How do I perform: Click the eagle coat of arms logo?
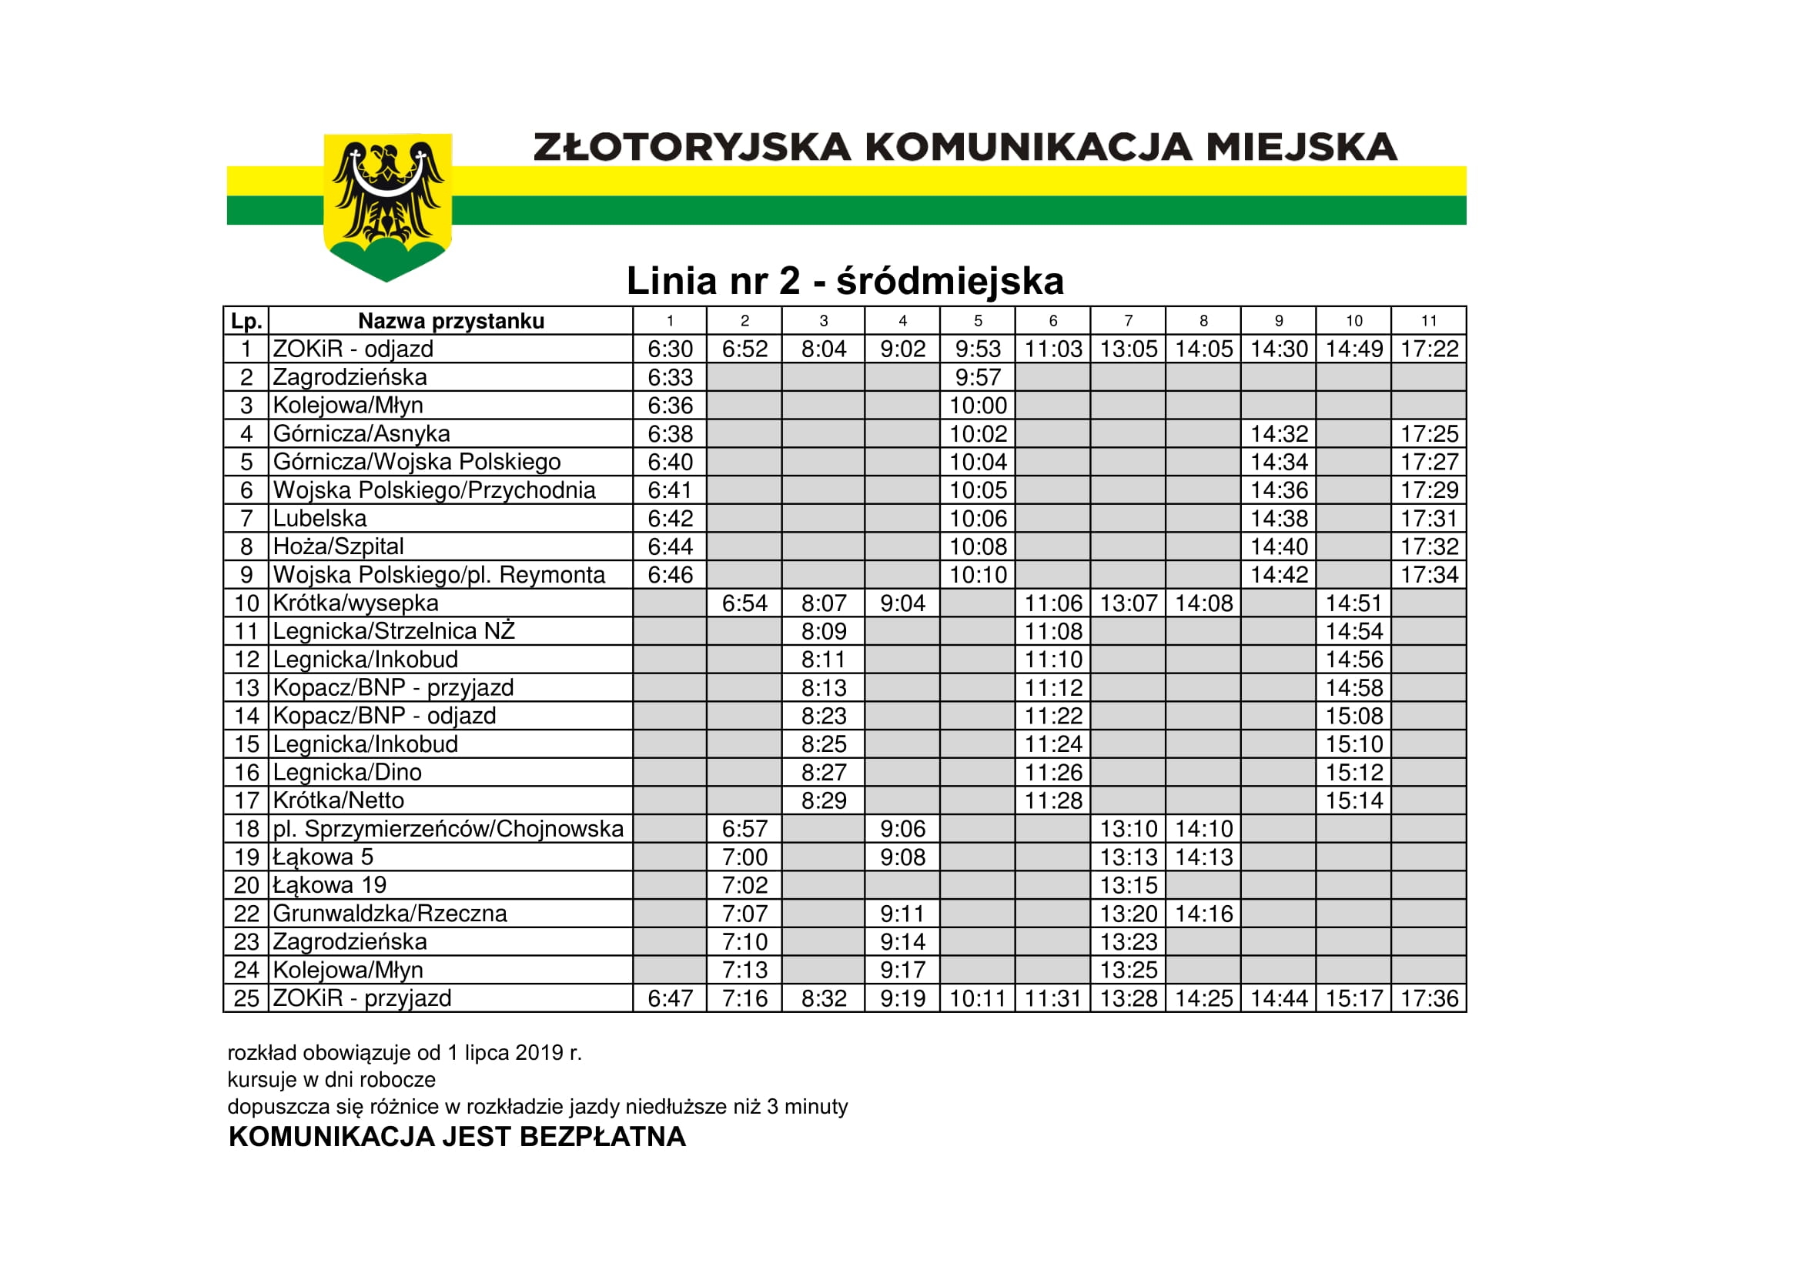[x=387, y=205]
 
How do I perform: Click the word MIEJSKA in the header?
[x=1300, y=147]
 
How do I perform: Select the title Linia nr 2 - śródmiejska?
[x=845, y=281]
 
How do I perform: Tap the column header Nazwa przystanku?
[x=451, y=321]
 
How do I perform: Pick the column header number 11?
[x=1428, y=321]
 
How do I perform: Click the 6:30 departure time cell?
[x=670, y=349]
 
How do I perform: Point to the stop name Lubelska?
[x=320, y=518]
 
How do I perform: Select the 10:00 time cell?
[x=978, y=406]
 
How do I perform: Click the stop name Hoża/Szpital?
[x=338, y=546]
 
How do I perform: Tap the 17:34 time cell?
[x=1428, y=575]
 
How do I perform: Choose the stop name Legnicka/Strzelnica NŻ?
[x=393, y=631]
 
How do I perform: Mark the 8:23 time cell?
[x=823, y=716]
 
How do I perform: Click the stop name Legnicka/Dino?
[x=347, y=772]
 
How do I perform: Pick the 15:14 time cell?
[x=1354, y=800]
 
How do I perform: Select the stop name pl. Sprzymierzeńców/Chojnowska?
[x=447, y=829]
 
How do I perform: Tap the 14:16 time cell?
[x=1203, y=914]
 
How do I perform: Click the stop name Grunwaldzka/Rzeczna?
[x=390, y=914]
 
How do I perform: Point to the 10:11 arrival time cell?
[x=978, y=998]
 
